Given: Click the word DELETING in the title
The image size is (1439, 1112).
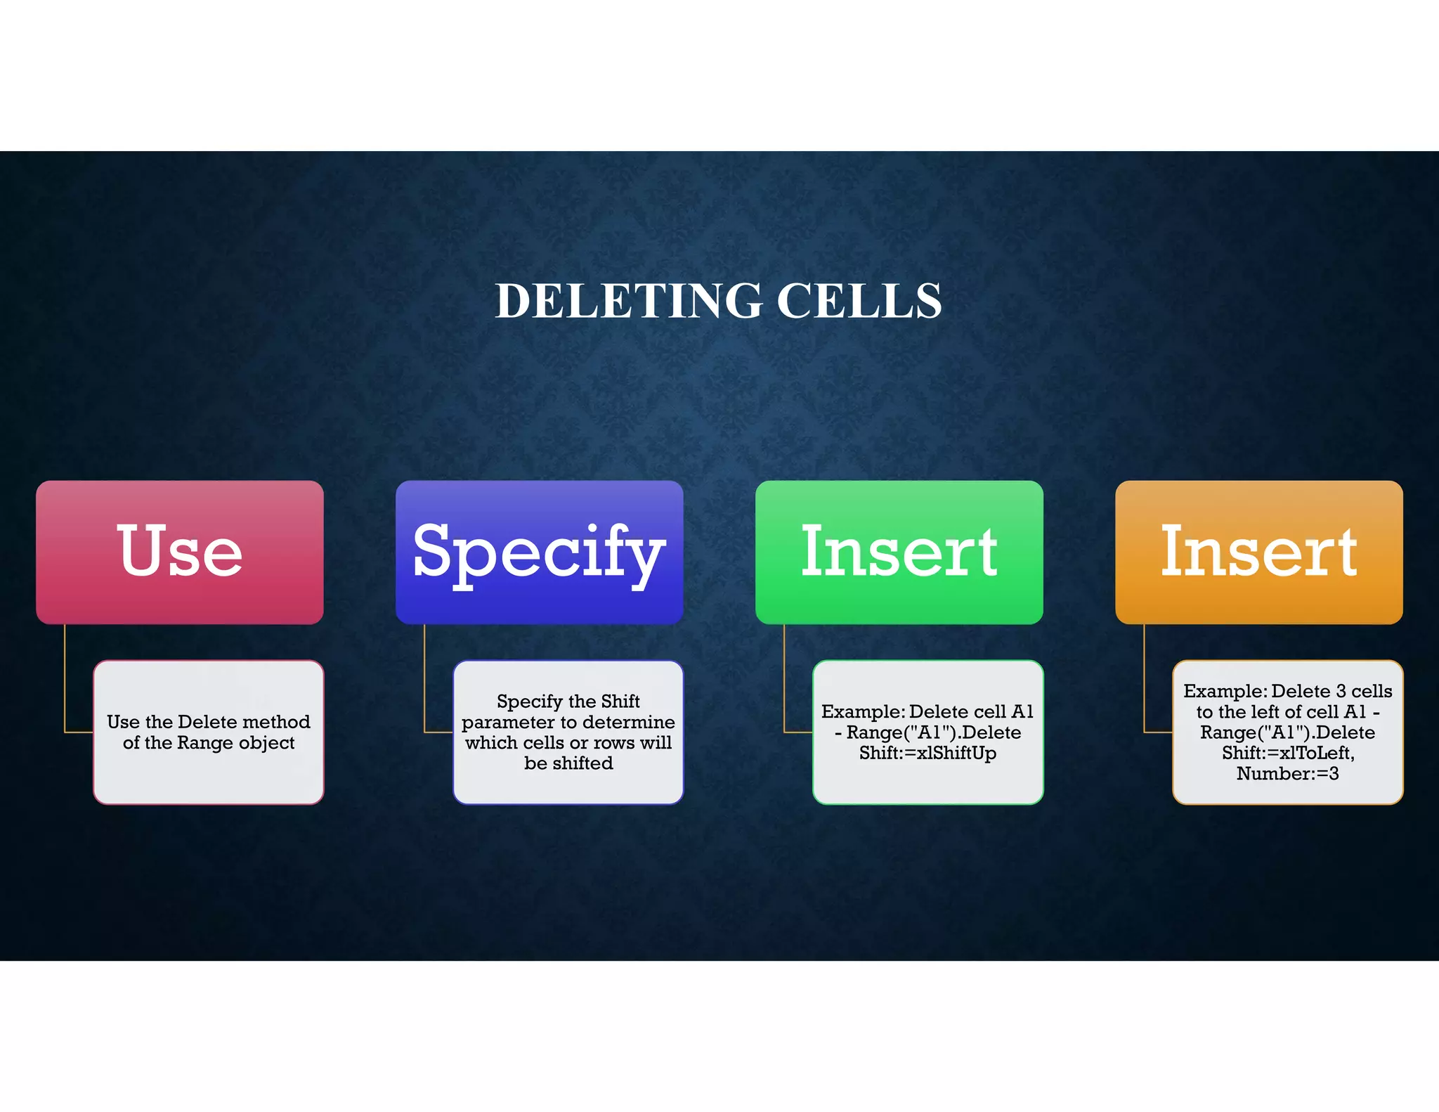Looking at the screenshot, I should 628,301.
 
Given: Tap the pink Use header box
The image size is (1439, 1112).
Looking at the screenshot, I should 180,552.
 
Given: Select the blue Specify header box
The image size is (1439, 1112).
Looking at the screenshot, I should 539,552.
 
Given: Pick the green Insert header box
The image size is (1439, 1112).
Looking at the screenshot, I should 899,552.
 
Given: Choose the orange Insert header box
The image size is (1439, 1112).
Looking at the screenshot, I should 1258,552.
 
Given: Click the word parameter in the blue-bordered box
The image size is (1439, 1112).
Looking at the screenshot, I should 507,723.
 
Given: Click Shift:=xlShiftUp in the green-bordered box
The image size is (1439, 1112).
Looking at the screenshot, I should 927,754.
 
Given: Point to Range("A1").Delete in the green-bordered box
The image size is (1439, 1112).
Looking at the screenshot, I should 934,732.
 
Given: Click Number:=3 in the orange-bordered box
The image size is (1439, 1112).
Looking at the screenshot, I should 1287,774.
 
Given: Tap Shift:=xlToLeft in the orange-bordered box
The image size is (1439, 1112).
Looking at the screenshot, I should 1287,754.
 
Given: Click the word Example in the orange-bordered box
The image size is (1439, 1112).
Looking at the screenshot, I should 1223,692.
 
